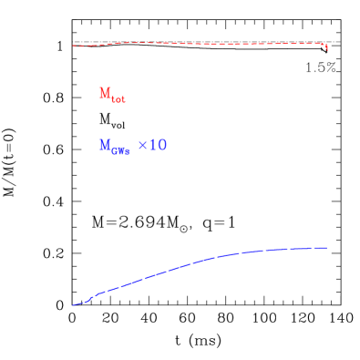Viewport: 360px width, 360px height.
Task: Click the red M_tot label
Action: point(111,95)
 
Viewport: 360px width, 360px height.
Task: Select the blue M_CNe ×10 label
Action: point(132,146)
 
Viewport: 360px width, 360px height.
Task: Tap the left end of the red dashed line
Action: point(74,46)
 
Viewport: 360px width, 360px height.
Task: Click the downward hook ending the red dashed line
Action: point(326,46)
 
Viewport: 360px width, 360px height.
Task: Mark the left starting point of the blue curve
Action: point(74,305)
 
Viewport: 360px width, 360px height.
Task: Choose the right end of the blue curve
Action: point(326,248)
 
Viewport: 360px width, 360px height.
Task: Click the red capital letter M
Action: point(105,93)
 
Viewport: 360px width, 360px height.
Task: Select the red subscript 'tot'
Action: point(118,99)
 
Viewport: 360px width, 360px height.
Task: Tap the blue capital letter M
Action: point(105,145)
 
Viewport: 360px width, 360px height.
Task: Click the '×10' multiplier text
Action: point(152,145)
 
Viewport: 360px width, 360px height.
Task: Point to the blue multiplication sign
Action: point(142,146)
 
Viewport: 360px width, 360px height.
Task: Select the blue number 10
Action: point(158,145)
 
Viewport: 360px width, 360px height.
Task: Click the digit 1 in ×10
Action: point(153,145)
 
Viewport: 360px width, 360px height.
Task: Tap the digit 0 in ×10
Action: point(162,145)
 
